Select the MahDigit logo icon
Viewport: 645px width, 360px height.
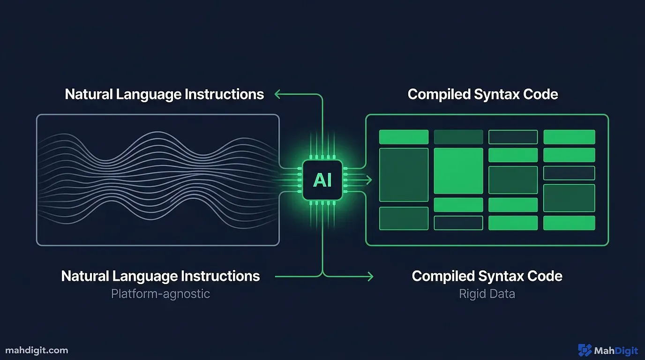click(585, 350)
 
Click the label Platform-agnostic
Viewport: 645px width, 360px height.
click(160, 294)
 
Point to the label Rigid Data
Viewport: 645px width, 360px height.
click(487, 294)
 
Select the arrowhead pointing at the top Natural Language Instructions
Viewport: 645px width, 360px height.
click(277, 94)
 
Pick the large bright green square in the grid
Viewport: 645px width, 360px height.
click(458, 171)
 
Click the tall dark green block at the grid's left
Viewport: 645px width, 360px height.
click(403, 174)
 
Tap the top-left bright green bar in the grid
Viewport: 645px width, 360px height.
click(403, 137)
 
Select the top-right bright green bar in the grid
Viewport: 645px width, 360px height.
click(569, 137)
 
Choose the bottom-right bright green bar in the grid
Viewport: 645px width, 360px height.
click(569, 223)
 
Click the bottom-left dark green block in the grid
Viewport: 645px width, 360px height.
click(403, 218)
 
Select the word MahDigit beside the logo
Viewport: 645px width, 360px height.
click(615, 350)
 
